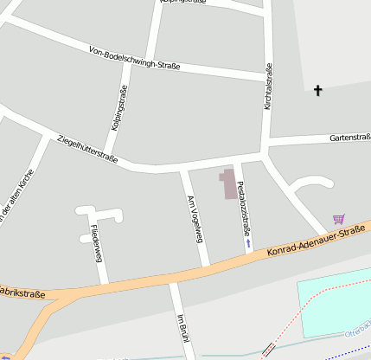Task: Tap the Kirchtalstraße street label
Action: pyautogui.click(x=268, y=86)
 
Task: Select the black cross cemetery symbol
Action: pyautogui.click(x=317, y=89)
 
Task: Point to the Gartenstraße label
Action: pyautogui.click(x=349, y=138)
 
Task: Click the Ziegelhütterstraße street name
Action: pyautogui.click(x=86, y=147)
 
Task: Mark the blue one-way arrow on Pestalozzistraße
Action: pyautogui.click(x=249, y=244)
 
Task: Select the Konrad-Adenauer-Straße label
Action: pyautogui.click(x=317, y=241)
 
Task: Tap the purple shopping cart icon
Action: pyautogui.click(x=338, y=219)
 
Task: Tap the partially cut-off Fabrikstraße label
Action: pyautogui.click(x=22, y=294)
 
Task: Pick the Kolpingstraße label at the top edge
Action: pyautogui.click(x=182, y=3)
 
